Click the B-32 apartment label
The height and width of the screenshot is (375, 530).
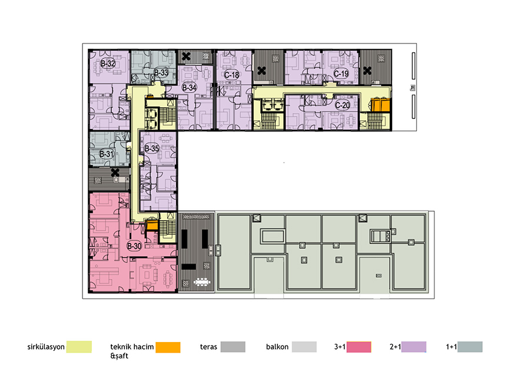click(x=108, y=63)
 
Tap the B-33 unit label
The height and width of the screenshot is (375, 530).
click(x=161, y=73)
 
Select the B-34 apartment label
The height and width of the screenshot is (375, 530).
click(x=189, y=88)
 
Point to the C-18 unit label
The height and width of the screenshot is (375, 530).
click(x=231, y=75)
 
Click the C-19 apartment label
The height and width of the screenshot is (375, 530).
click(x=341, y=74)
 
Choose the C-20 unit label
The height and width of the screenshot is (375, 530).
click(x=342, y=106)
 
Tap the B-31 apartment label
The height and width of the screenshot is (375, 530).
click(x=107, y=154)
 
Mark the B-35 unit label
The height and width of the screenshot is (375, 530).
click(x=152, y=148)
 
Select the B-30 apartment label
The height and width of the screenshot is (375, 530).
click(x=134, y=246)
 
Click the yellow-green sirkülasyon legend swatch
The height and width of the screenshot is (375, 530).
click(x=79, y=347)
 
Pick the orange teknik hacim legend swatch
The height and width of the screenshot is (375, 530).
click(x=168, y=347)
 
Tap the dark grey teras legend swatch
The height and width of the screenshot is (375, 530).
click(x=233, y=347)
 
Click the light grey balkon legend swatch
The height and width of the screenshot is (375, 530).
click(x=304, y=347)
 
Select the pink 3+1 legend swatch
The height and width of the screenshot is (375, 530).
click(x=359, y=347)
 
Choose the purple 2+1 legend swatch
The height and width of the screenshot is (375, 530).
click(x=414, y=347)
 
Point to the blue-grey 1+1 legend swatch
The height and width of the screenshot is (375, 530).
click(x=470, y=347)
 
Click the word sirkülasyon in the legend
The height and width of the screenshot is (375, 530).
click(x=46, y=347)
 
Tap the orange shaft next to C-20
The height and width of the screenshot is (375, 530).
click(x=380, y=104)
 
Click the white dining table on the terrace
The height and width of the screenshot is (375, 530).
click(x=202, y=282)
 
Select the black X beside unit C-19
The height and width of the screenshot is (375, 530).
click(x=367, y=71)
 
